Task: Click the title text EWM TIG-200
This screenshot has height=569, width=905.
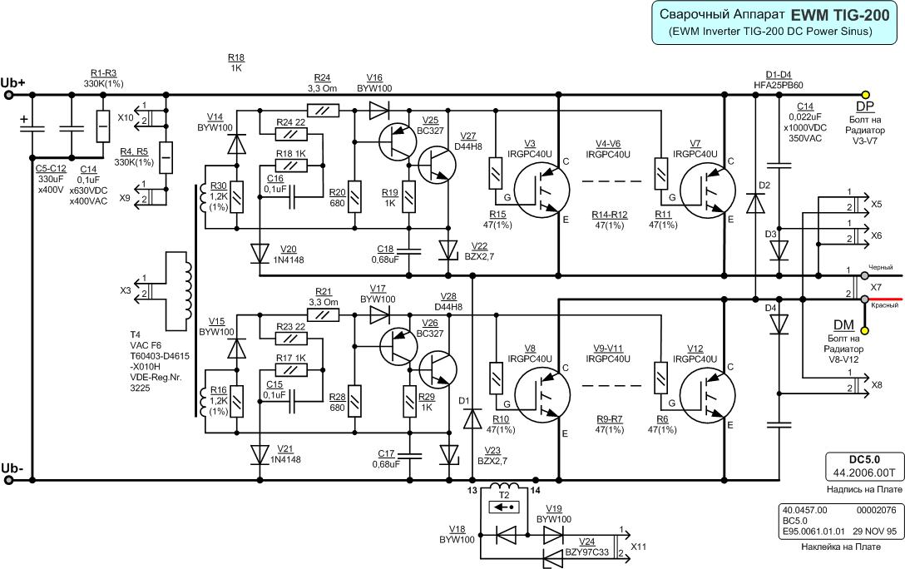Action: (840, 15)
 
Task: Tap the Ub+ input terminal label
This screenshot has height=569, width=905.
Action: (12, 82)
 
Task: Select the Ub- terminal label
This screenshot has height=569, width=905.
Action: (12, 468)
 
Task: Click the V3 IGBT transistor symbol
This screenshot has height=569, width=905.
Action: (541, 190)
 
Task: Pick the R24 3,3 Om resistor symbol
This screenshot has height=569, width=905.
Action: (324, 109)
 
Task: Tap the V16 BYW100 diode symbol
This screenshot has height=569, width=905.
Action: (379, 109)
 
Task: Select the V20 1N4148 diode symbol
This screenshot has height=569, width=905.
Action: (260, 252)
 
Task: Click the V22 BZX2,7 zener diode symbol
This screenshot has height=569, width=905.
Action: (448, 250)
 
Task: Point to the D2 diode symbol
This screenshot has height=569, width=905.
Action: (756, 203)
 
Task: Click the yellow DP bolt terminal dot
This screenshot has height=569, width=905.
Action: (864, 94)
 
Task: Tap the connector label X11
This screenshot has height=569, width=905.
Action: (638, 547)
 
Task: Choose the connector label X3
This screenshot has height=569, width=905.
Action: (126, 290)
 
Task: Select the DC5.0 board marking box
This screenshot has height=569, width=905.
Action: (864, 467)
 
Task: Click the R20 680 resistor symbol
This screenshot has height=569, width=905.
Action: (354, 197)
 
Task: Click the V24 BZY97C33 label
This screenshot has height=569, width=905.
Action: (587, 547)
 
